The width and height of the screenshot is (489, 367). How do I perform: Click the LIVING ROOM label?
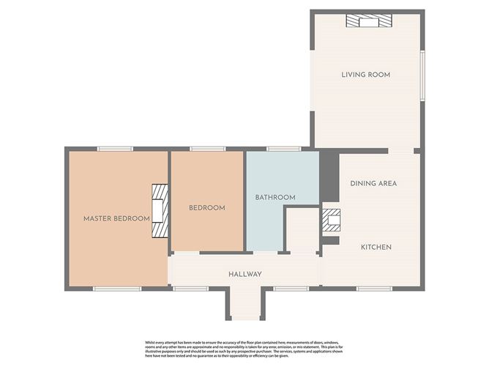click(x=365, y=75)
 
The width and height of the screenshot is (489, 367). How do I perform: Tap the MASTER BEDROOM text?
click(x=116, y=218)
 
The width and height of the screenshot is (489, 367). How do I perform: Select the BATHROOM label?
click(x=275, y=198)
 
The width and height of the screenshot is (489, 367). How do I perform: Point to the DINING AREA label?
click(x=373, y=183)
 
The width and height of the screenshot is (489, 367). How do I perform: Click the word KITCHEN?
click(x=376, y=247)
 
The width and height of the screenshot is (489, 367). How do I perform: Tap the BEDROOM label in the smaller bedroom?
click(x=207, y=208)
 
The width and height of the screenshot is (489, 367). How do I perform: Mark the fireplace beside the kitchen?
click(x=332, y=220)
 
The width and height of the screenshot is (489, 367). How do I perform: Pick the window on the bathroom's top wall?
click(x=283, y=149)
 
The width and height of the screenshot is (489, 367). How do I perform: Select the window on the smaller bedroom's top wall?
click(x=207, y=149)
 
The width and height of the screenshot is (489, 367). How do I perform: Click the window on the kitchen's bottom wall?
click(x=374, y=289)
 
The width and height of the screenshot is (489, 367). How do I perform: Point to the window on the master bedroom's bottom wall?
click(x=117, y=289)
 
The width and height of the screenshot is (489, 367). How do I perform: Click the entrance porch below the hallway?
click(x=244, y=303)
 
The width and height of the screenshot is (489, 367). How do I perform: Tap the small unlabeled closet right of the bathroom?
click(x=300, y=231)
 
